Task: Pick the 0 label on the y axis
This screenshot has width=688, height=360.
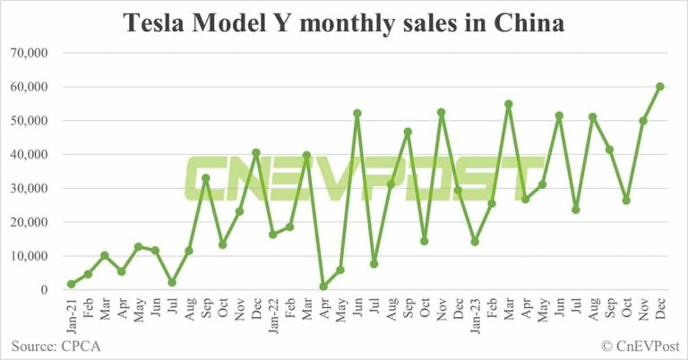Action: point(43,290)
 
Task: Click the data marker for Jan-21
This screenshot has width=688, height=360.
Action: point(71,284)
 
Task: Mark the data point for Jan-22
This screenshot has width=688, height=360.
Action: point(272,234)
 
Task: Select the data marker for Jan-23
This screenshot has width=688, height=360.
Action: point(474,242)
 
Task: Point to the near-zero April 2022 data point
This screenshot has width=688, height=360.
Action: point(322,287)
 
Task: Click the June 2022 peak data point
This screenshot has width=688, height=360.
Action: point(357,113)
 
